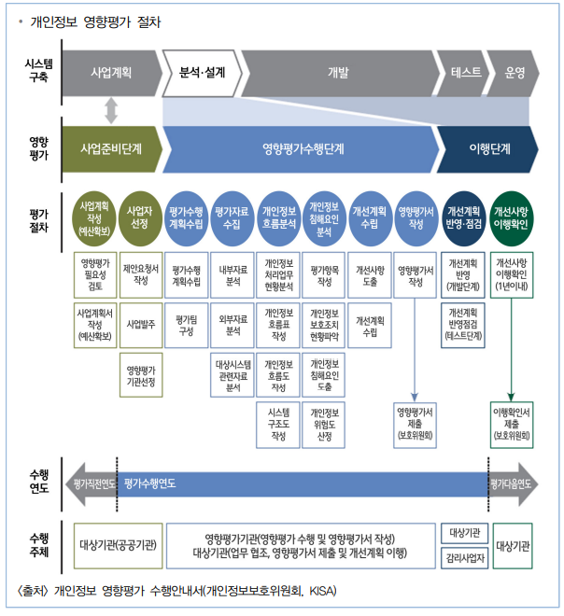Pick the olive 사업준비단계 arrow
point(110,148)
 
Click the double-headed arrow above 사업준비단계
point(111,109)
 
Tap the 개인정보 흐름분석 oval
point(279,217)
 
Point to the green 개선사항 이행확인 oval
point(512,217)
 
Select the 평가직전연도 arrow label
point(91,483)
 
